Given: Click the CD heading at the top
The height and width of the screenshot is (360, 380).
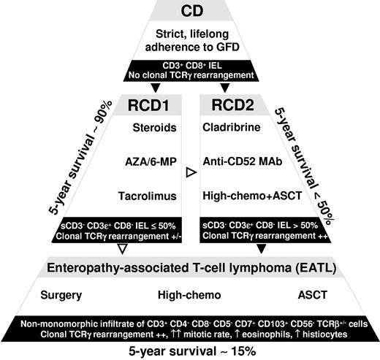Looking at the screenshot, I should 190,11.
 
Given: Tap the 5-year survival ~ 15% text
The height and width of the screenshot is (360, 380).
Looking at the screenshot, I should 189,351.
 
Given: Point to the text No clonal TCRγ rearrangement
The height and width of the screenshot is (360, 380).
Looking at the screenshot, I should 190,75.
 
